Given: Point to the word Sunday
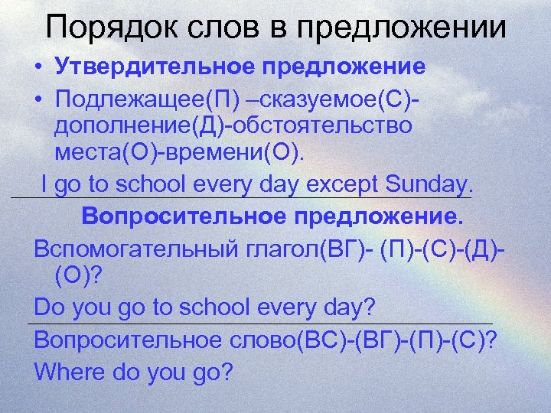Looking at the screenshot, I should tap(429, 184).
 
